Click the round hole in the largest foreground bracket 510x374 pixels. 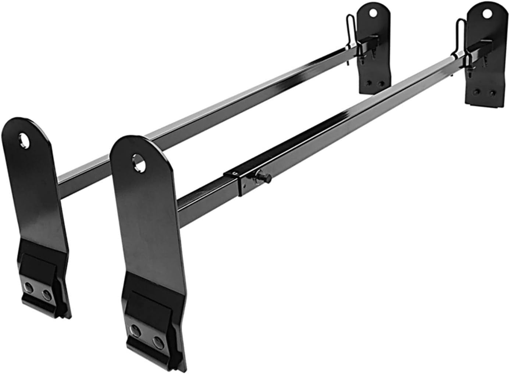(x=139, y=162)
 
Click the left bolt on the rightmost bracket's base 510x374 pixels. (x=477, y=90)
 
